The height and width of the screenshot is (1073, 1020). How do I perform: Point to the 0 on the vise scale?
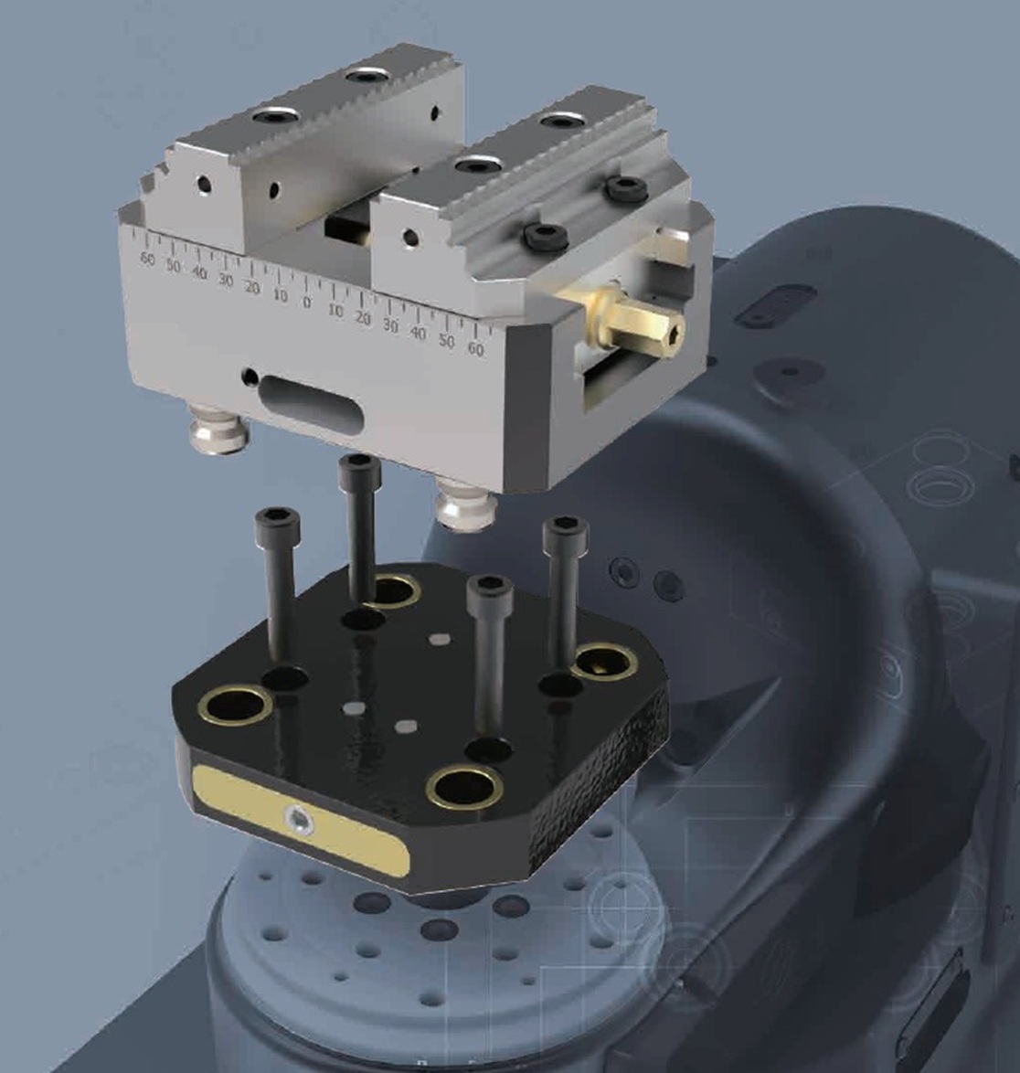[306, 302]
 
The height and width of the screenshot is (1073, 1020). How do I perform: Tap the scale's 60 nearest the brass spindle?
[475, 349]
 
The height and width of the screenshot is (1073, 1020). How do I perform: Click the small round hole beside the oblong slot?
[250, 376]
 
